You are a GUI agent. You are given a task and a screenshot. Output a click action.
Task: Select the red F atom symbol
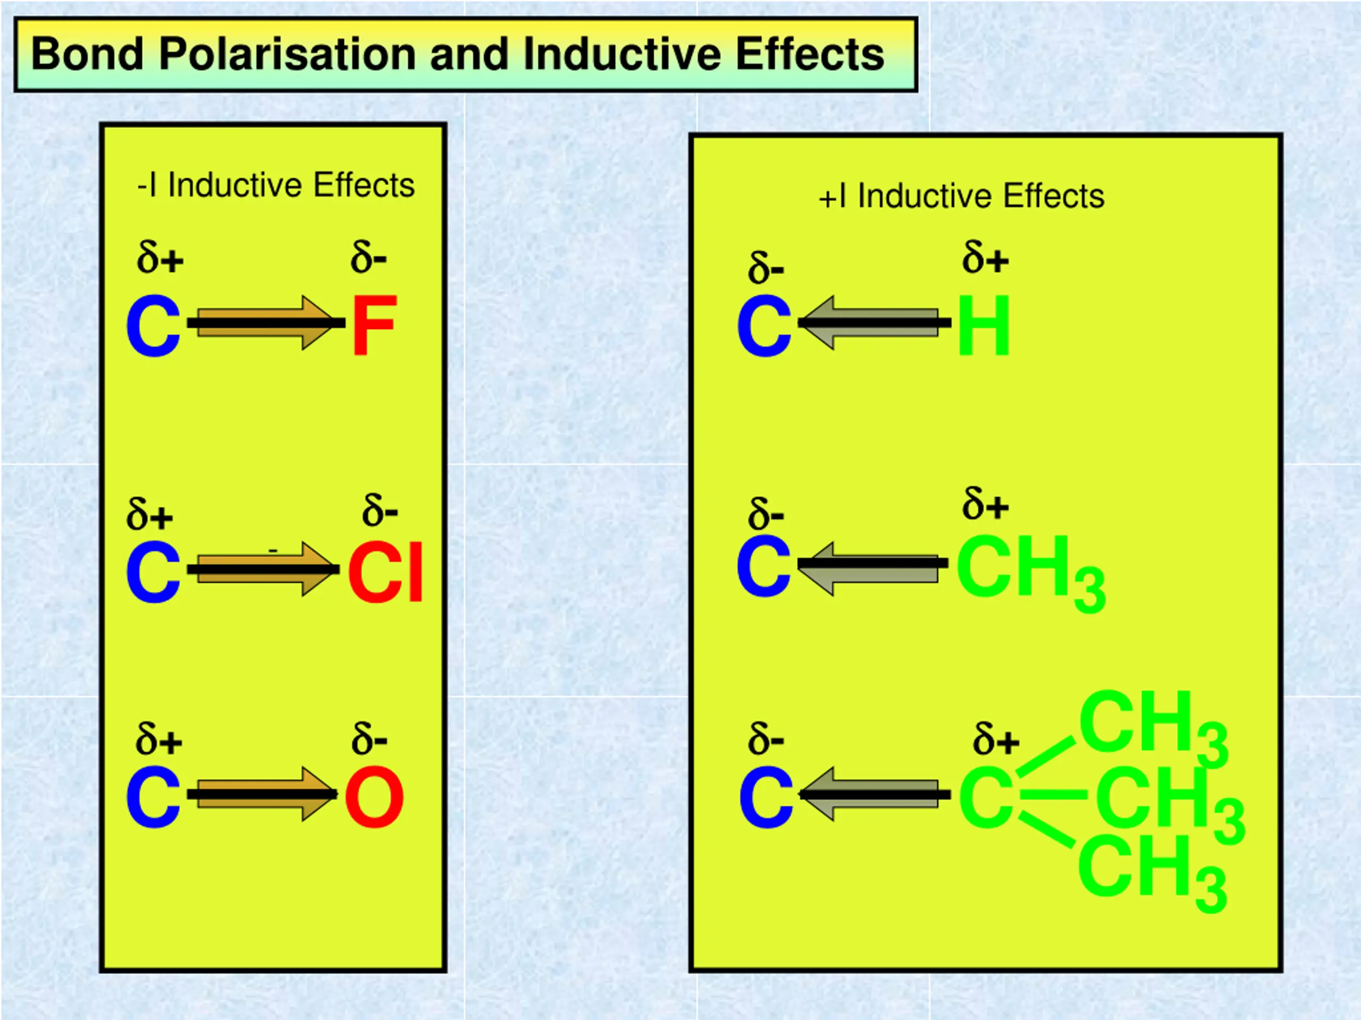(374, 325)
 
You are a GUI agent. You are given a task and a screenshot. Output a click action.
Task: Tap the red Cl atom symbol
(385, 572)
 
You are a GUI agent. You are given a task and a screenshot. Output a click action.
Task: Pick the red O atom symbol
(374, 797)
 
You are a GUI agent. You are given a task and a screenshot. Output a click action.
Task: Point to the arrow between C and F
(265, 323)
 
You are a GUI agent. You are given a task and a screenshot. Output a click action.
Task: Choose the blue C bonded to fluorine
(153, 326)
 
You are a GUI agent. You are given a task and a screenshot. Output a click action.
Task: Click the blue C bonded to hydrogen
(764, 326)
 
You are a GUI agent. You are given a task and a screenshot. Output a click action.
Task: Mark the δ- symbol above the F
(368, 257)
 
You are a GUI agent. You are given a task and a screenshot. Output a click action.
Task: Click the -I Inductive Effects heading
(275, 185)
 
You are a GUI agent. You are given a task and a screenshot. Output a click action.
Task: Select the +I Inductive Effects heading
(961, 196)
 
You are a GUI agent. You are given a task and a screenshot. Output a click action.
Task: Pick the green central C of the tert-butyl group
(986, 797)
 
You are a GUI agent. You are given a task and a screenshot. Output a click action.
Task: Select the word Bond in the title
(87, 54)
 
